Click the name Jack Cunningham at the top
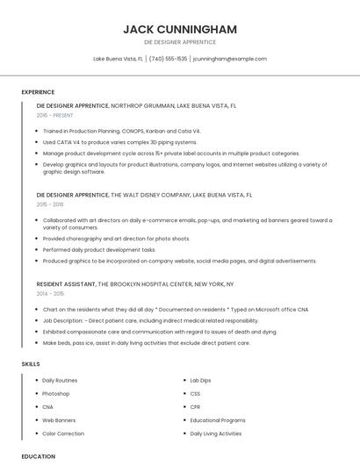(179, 29)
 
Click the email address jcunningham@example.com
(229, 59)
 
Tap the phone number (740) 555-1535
(168, 59)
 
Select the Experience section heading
(38, 92)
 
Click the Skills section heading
(31, 363)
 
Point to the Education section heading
(39, 456)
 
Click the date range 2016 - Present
(55, 115)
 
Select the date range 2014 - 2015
(51, 294)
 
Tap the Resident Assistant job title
(66, 284)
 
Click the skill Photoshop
(55, 393)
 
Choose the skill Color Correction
(63, 433)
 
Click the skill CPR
(196, 407)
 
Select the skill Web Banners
(59, 420)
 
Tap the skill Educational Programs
(218, 420)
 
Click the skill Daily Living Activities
(216, 433)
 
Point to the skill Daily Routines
(60, 380)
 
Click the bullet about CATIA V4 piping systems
(119, 141)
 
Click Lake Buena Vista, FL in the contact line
(119, 59)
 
